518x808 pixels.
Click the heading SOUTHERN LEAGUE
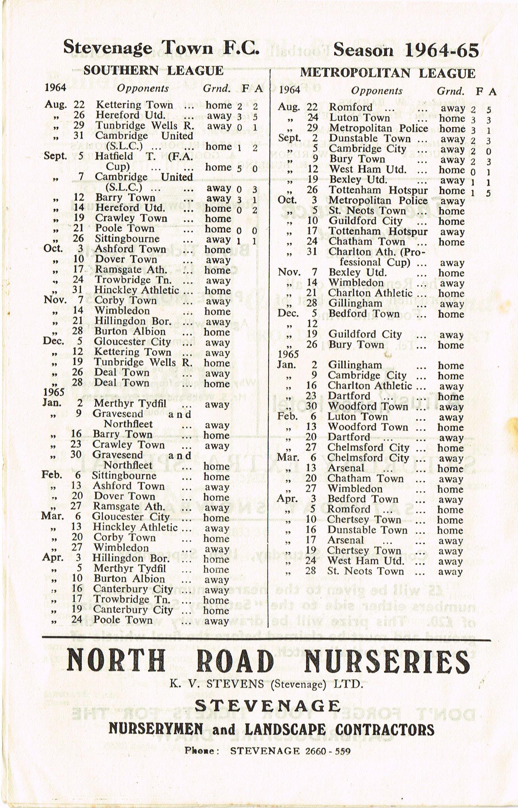click(154, 71)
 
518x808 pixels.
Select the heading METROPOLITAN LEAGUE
click(388, 73)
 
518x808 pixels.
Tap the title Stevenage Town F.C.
click(161, 47)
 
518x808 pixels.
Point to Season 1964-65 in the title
click(406, 50)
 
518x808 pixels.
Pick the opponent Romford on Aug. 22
click(350, 107)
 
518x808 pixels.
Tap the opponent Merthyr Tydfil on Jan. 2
click(130, 403)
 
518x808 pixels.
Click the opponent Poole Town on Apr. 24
click(123, 620)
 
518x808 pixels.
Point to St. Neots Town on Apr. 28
click(365, 571)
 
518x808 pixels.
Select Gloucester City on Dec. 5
click(133, 341)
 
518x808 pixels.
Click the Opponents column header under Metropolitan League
click(377, 91)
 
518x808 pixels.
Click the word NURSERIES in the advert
click(387, 660)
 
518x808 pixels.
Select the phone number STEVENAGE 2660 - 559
click(290, 751)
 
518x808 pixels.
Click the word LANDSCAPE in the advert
click(285, 730)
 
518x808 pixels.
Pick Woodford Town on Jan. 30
click(368, 406)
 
